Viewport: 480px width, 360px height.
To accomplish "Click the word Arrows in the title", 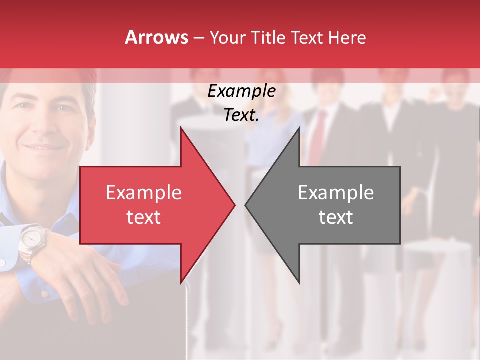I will pos(156,37).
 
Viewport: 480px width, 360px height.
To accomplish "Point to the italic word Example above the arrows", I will pos(241,91).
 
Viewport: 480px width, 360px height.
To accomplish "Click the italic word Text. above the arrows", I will pos(241,115).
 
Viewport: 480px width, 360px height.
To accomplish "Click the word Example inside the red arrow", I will pos(144,192).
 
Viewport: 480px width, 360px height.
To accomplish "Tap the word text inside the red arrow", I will pos(144,217).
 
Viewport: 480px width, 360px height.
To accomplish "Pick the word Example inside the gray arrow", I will pos(336,192).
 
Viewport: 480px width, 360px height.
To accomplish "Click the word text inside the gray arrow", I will pos(336,217).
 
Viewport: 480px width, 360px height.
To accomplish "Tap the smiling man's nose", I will pos(42,125).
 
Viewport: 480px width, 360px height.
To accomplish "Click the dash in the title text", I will pos(198,38).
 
